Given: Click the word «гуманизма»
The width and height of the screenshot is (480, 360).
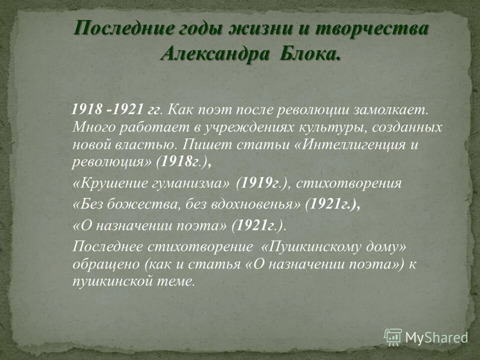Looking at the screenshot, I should pyautogui.click(x=192, y=183).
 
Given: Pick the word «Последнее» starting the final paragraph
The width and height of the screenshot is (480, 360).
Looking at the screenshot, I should pyautogui.click(x=108, y=246).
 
